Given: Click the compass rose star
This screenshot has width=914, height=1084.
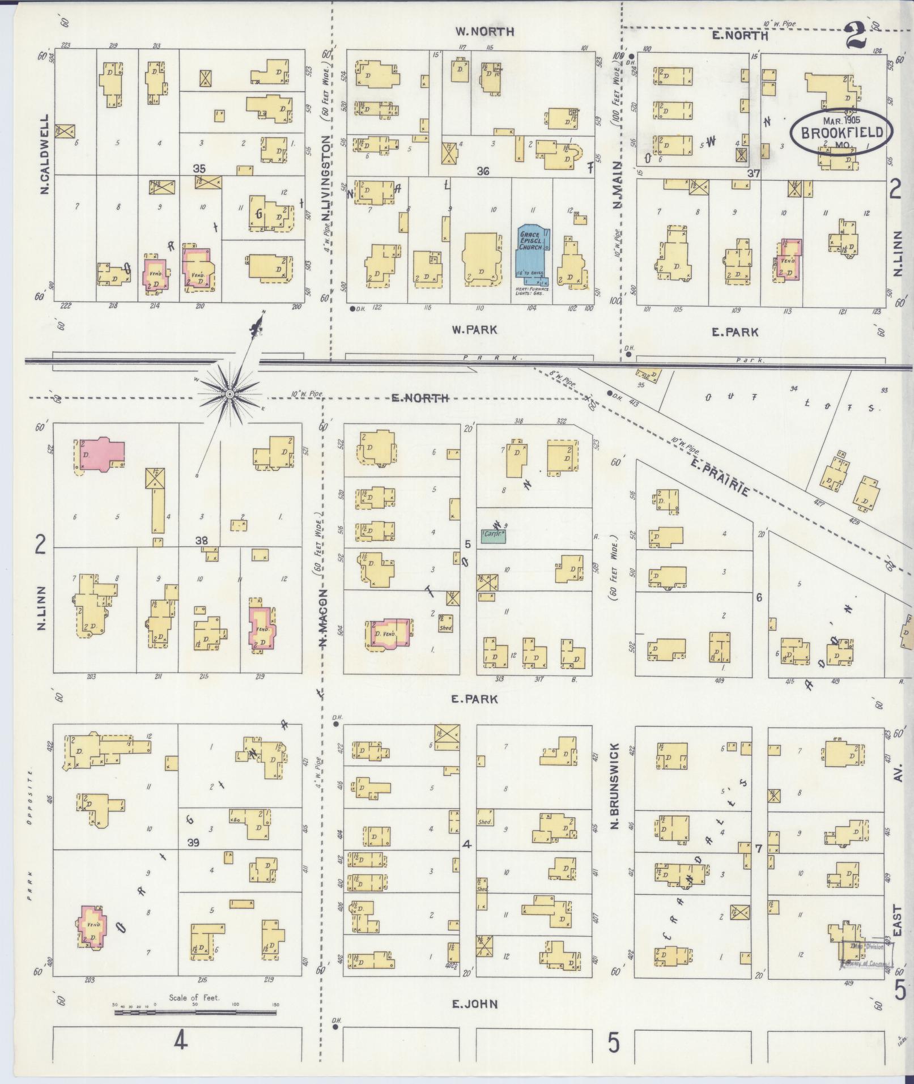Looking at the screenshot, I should [229, 394].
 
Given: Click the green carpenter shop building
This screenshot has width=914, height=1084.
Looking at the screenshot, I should [493, 535].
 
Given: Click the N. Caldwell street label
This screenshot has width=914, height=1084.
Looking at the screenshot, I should [45, 154].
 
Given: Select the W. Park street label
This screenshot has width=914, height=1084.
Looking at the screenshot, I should [474, 329].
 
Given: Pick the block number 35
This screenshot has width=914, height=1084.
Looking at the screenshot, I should [199, 168].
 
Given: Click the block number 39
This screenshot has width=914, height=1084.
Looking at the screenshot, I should [193, 843].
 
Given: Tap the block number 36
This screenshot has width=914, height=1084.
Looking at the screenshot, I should [483, 171].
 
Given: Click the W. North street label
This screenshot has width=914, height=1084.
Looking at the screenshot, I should [485, 32].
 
